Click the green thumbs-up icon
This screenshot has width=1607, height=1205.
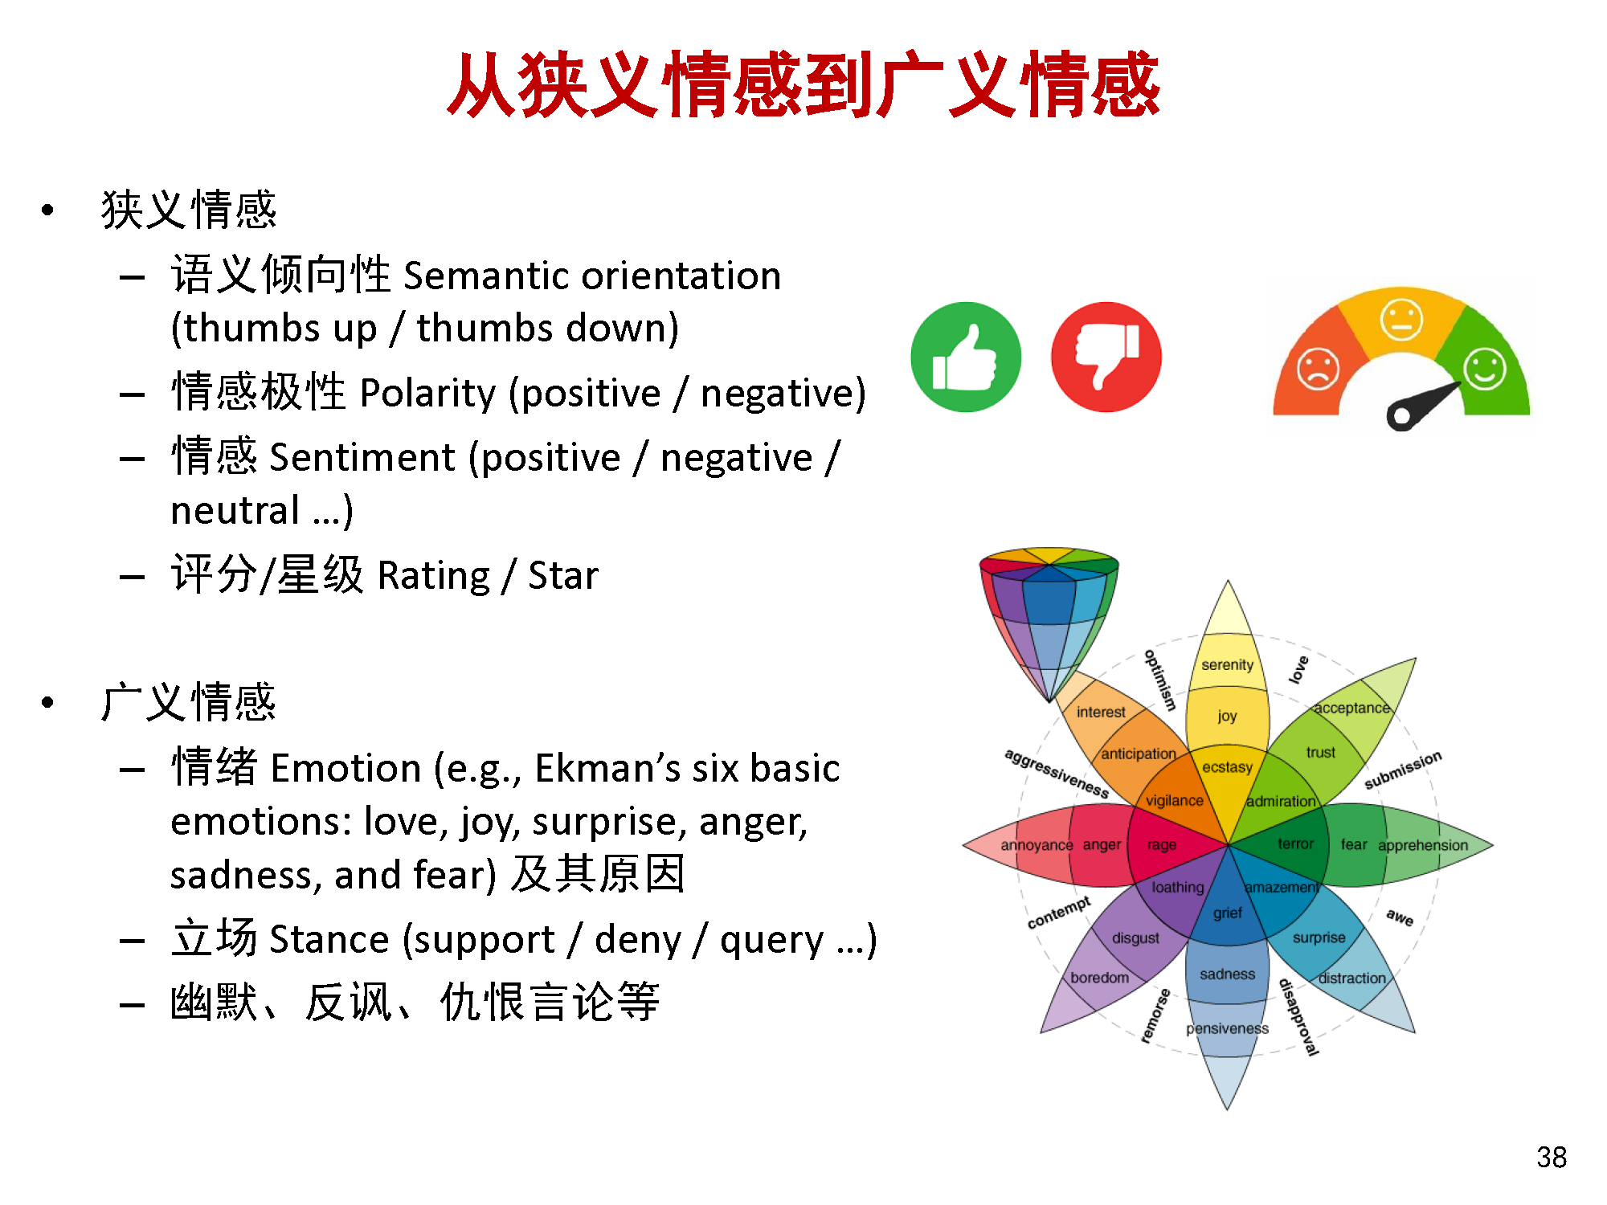pos(966,357)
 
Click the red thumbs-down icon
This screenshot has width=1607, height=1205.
pos(1106,357)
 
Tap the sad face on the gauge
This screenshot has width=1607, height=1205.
pos(1319,369)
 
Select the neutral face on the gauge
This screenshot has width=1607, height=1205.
pos(1401,319)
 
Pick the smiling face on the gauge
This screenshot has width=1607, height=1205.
pos(1484,369)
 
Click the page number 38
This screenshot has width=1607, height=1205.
pos(1552,1157)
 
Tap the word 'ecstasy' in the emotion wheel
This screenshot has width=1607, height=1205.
pos(1227,767)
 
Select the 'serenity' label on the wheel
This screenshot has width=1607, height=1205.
pos(1227,664)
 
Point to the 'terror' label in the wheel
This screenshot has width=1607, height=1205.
pos(1295,843)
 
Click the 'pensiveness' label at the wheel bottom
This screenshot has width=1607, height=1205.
pos(1227,1028)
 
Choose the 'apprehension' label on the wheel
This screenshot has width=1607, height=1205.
pos(1423,845)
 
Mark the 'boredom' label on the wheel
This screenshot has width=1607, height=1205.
pos(1099,978)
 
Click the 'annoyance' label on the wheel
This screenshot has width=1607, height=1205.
pos(1037,845)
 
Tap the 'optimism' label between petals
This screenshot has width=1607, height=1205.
pos(1160,680)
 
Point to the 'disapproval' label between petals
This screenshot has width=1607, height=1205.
pos(1298,1016)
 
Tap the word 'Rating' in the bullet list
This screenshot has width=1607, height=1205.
pos(433,577)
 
